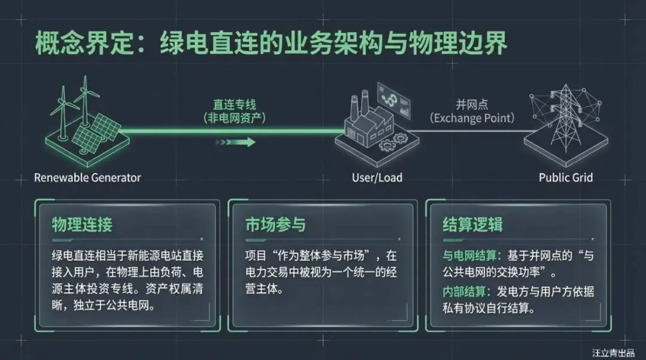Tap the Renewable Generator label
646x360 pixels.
click(x=87, y=178)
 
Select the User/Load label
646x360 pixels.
click(x=376, y=178)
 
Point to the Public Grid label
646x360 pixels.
click(x=565, y=178)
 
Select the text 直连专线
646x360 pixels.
click(x=239, y=105)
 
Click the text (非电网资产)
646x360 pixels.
click(x=239, y=118)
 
